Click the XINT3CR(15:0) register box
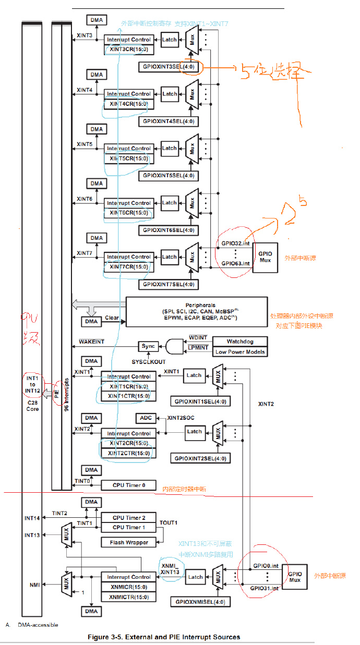(129, 50)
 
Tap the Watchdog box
(240, 342)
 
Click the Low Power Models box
(240, 352)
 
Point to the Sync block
(148, 346)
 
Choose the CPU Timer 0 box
(128, 485)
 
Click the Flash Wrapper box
(128, 542)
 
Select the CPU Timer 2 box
(128, 518)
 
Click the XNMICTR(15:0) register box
(128, 597)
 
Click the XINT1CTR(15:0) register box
(128, 396)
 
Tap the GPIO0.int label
(266, 565)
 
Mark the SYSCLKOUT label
(148, 361)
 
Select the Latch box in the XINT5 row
(170, 148)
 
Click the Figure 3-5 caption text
(180, 637)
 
